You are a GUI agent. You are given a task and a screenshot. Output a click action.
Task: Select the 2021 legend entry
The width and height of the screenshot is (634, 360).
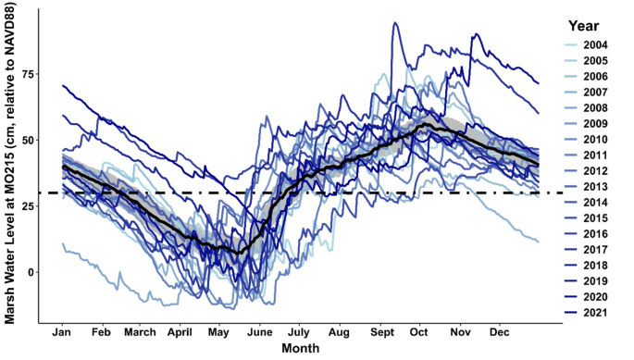597,315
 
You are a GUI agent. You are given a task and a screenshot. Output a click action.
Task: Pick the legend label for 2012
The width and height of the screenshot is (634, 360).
597,173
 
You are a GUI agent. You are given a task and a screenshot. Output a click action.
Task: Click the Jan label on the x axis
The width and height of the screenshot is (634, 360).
64,330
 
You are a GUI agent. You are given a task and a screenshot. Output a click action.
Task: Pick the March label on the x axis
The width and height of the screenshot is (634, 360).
141,330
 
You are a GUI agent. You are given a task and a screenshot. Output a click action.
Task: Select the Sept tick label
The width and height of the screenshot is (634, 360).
382,330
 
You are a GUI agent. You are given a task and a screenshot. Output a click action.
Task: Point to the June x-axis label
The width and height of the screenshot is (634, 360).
261,330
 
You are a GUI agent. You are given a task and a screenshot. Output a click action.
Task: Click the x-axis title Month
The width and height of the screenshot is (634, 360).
301,348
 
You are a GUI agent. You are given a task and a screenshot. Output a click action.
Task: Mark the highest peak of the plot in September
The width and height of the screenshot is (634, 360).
396,23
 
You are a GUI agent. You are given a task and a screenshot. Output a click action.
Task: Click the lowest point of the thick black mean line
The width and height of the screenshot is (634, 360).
238,253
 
